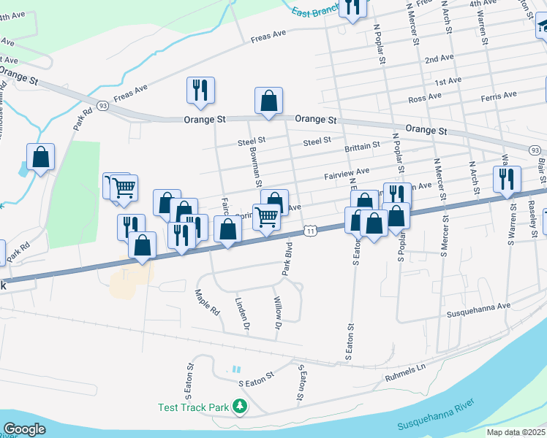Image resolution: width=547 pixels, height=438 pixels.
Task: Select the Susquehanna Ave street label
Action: pos(478,313)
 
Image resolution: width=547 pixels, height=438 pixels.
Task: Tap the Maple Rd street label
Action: pos(207,301)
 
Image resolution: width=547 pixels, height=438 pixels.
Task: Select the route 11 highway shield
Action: pos(312,231)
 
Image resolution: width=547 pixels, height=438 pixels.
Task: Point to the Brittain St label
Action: pos(362,146)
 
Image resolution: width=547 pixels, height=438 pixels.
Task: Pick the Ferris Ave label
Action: pos(499,96)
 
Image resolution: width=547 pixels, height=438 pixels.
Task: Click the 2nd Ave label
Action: pos(439,58)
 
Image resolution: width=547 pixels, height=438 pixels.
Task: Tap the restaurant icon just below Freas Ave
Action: pos(200,91)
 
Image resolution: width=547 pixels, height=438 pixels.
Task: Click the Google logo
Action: pos(24,429)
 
